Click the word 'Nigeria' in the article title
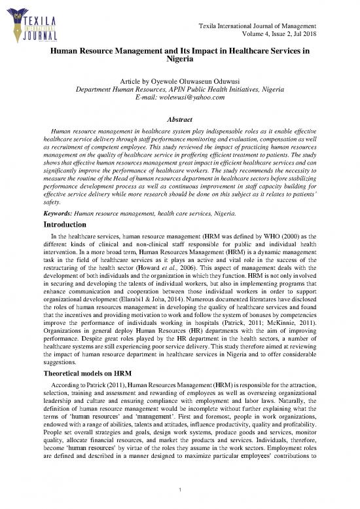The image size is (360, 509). (x=179, y=59)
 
